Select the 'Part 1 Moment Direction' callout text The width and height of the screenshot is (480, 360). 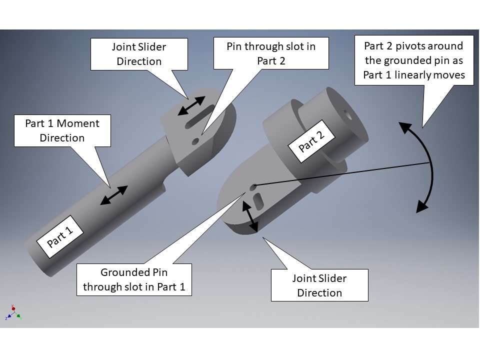62,130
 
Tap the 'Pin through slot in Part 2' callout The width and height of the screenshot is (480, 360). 271,53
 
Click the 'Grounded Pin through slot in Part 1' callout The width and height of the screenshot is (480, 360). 134,280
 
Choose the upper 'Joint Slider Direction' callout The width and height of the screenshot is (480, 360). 139,54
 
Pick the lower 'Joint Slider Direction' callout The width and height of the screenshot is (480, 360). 319,285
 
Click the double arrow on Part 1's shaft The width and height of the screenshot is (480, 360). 114,195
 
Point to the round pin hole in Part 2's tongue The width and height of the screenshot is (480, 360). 253,187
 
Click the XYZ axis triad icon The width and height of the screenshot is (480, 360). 14,313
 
